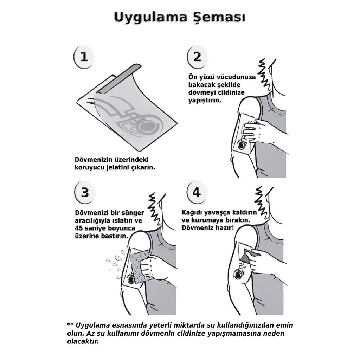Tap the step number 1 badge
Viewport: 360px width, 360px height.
pyautogui.click(x=84, y=57)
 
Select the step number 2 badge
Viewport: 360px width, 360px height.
pyautogui.click(x=197, y=57)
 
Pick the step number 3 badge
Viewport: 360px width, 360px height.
pyautogui.click(x=85, y=192)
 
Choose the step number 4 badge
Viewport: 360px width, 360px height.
pyautogui.click(x=197, y=192)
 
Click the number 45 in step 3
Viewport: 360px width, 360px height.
pyautogui.click(x=79, y=229)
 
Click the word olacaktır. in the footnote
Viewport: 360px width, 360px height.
pyautogui.click(x=83, y=341)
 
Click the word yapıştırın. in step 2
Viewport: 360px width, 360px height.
pyautogui.click(x=205, y=101)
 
